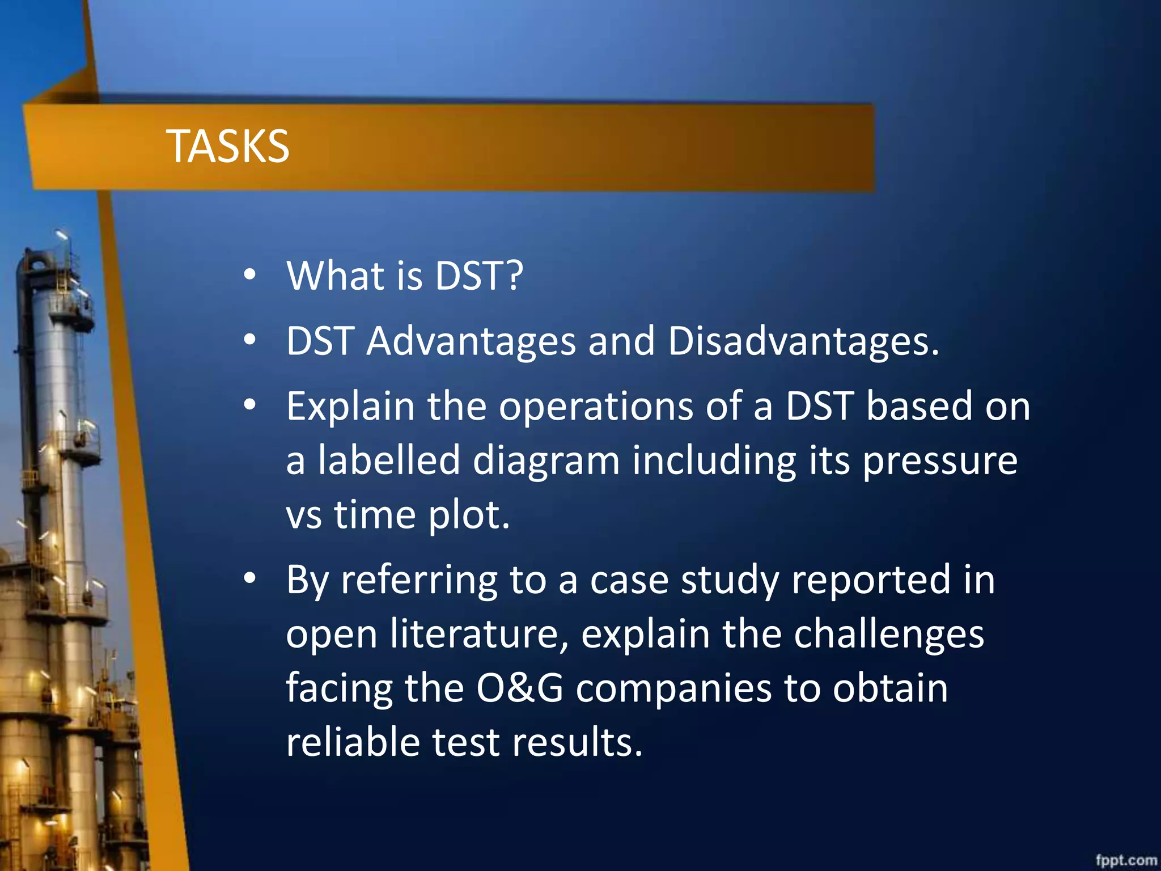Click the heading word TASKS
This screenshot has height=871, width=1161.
[227, 146]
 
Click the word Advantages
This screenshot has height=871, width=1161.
[471, 342]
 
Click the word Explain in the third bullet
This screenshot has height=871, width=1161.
[350, 407]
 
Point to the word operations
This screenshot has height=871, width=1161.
[595, 407]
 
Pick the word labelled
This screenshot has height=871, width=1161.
[388, 460]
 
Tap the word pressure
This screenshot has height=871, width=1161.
[940, 462]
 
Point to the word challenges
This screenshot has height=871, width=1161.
[888, 635]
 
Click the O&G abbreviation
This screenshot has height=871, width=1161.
[519, 688]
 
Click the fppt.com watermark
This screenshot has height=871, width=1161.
[1126, 860]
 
